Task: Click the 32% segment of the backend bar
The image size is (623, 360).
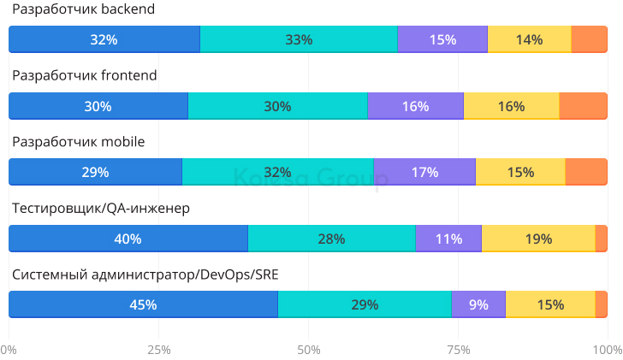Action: [x=104, y=39]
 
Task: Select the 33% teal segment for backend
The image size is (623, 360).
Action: [x=299, y=39]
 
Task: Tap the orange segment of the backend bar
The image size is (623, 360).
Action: [x=590, y=39]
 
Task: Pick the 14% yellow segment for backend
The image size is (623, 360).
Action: [x=529, y=39]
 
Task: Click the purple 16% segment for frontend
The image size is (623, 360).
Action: [x=415, y=106]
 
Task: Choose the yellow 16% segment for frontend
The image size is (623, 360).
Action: [x=511, y=106]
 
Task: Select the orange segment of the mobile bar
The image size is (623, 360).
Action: [x=586, y=172]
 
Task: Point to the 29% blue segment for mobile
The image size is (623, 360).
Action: [x=95, y=172]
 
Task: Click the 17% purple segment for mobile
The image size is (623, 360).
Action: [x=424, y=172]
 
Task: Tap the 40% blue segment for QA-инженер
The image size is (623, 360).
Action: [x=128, y=239]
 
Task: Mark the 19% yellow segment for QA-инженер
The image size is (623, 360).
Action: [x=538, y=239]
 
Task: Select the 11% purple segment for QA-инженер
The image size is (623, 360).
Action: [x=448, y=239]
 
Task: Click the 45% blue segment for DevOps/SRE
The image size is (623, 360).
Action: [x=143, y=304]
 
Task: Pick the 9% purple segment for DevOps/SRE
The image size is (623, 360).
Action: [x=478, y=304]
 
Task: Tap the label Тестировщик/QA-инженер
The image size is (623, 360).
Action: [x=100, y=208]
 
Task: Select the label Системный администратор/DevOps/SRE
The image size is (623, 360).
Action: [x=145, y=274]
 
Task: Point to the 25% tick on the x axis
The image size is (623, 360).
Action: [x=159, y=350]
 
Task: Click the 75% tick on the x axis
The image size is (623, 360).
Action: [x=459, y=350]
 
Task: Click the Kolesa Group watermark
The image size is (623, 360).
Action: [x=311, y=180]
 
